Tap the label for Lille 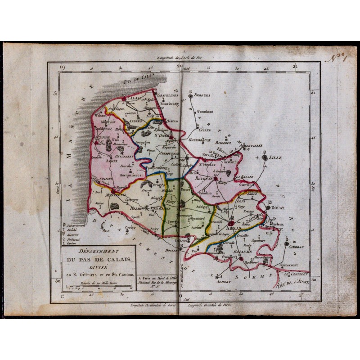pyautogui.click(x=275, y=158)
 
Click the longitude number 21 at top pyautogui.click(x=295, y=67)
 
